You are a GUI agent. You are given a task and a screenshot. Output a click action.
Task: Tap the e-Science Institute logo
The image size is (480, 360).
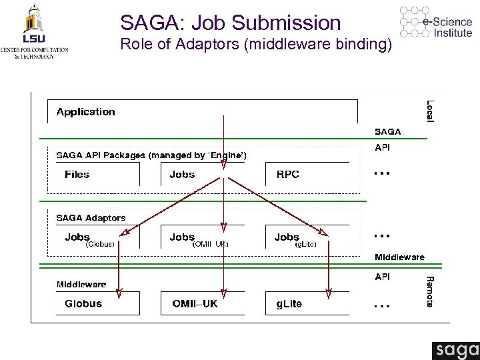coord(437,23)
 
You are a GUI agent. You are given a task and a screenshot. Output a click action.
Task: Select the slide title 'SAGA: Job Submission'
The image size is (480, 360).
coord(231,23)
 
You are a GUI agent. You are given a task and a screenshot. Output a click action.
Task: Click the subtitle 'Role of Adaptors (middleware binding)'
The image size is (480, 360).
coord(257,46)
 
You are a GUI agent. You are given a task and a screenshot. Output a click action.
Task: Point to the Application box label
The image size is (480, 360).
coord(85,112)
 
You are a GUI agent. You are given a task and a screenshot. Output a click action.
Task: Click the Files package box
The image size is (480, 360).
coord(93,174)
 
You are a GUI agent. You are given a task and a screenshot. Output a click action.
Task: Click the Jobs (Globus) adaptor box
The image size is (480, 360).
coord(93,238)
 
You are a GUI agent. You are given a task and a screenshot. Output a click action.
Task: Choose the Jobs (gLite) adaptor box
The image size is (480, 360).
coord(306,238)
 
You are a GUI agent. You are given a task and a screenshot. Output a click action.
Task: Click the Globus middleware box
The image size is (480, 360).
coord(93,304)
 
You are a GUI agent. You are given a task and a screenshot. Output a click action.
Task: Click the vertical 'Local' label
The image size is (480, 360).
coord(430,111)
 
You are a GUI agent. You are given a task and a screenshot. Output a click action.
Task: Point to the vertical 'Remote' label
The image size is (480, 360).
coord(430,291)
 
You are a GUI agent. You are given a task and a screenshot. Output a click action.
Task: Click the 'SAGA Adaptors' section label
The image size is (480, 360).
coord(91,218)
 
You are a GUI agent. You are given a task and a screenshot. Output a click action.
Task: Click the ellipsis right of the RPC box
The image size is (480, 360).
coord(381,173)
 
